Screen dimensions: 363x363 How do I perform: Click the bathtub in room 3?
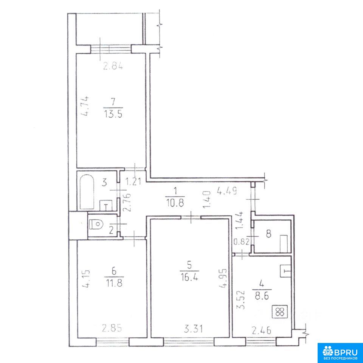[87, 192]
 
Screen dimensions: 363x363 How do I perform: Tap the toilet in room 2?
[96, 224]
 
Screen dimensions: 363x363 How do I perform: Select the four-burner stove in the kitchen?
[280, 312]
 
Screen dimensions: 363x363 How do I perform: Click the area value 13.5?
[113, 114]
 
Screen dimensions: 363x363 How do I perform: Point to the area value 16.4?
[189, 277]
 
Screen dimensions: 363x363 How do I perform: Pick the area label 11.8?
[113, 283]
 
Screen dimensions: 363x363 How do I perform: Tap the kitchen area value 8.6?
[262, 296]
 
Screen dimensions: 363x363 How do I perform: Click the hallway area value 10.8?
[175, 203]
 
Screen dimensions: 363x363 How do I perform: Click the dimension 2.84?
[113, 66]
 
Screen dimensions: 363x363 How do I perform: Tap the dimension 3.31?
[193, 329]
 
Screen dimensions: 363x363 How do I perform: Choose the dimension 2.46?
[261, 330]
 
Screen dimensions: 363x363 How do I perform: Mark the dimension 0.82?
[241, 242]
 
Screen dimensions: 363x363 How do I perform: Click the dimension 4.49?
[226, 191]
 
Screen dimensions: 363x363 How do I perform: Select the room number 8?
[268, 234]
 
